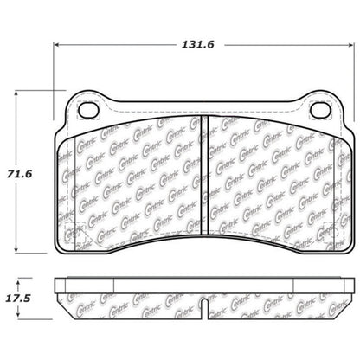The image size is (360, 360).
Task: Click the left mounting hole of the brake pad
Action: (x=87, y=109)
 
